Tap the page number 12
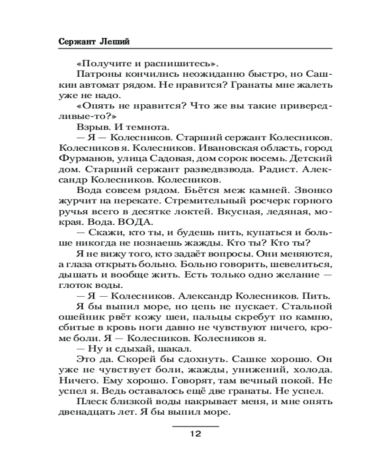pyautogui.click(x=196, y=434)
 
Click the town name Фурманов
pyautogui.click(x=78, y=159)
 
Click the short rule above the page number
pyautogui.click(x=196, y=426)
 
